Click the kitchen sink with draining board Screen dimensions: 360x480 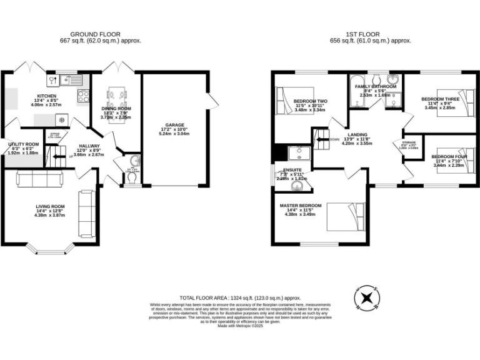point(61,80)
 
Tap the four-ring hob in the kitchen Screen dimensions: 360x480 point(82,96)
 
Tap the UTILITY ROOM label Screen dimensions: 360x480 point(22,144)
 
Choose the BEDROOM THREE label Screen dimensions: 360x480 point(440,99)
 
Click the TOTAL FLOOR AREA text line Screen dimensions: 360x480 point(240,298)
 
